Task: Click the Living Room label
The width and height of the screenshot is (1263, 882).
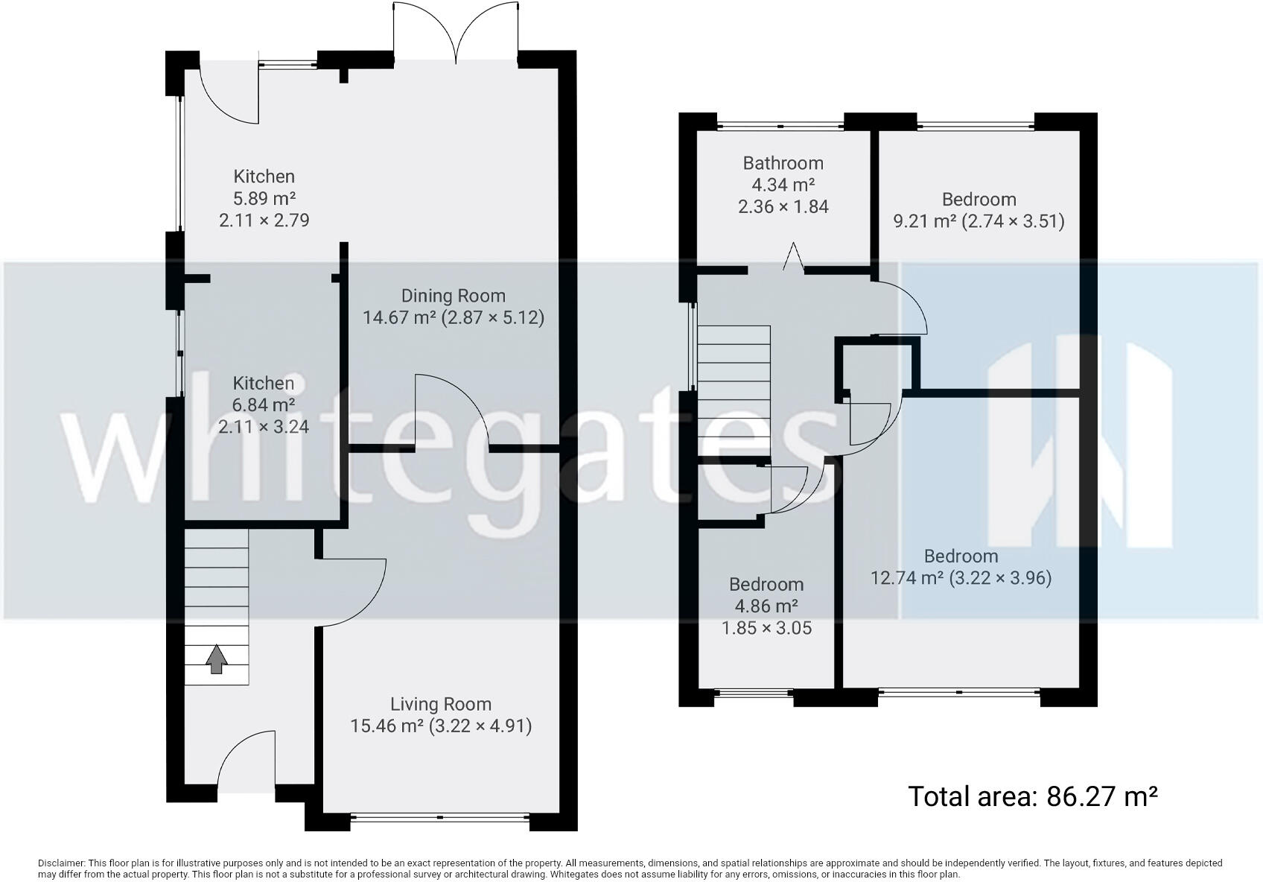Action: coord(441,704)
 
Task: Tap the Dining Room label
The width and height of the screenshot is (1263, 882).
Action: coord(453,296)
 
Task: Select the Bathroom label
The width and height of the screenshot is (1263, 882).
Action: coord(783,163)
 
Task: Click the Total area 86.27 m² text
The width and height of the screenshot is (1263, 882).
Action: coord(1032,796)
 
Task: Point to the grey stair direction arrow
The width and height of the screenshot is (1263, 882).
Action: coord(216,659)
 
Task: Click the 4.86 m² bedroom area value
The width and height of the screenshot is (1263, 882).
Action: coord(766,606)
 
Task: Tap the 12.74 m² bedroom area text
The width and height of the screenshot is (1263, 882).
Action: coord(907,578)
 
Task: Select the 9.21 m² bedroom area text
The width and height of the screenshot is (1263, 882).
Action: coord(924,221)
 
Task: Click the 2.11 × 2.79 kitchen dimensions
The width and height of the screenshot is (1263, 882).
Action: coord(264,220)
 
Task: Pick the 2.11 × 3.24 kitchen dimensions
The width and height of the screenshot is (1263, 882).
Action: coord(264,427)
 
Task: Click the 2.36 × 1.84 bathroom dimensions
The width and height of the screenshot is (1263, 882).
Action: coord(783,206)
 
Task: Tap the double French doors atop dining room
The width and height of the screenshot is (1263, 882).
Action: coord(455,34)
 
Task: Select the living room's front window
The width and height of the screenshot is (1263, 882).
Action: coord(439,818)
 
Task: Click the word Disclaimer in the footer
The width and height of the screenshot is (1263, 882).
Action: coord(62,863)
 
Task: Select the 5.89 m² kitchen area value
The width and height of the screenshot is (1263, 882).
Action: coord(264,198)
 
